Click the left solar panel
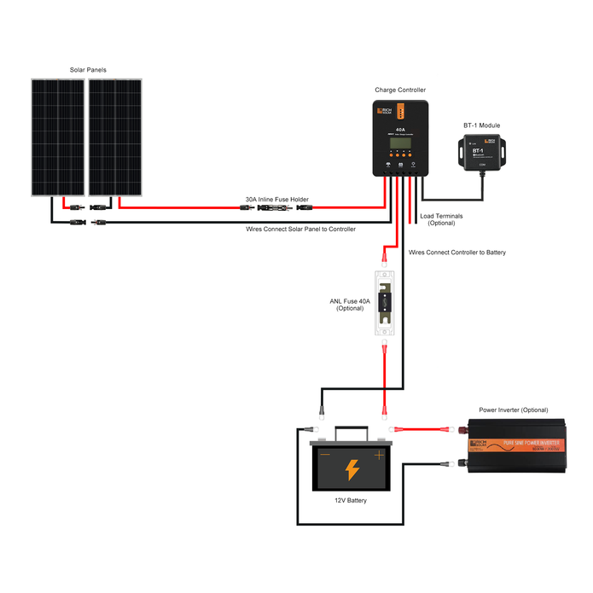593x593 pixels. (59, 137)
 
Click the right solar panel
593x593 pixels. (115, 137)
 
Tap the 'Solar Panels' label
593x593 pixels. (88, 70)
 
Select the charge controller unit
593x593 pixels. (400, 137)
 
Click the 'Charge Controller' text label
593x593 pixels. (400, 90)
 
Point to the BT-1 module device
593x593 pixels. (482, 152)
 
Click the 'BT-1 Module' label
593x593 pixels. (482, 125)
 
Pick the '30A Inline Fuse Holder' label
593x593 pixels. (276, 199)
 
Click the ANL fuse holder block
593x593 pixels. (385, 302)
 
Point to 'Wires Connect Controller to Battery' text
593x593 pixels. (457, 253)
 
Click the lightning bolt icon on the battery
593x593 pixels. (352, 469)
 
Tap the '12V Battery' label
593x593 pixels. (351, 501)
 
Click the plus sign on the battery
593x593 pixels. (379, 455)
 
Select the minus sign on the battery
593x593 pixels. (324, 455)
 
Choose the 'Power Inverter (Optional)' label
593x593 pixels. (514, 410)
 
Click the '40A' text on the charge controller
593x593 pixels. (400, 131)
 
